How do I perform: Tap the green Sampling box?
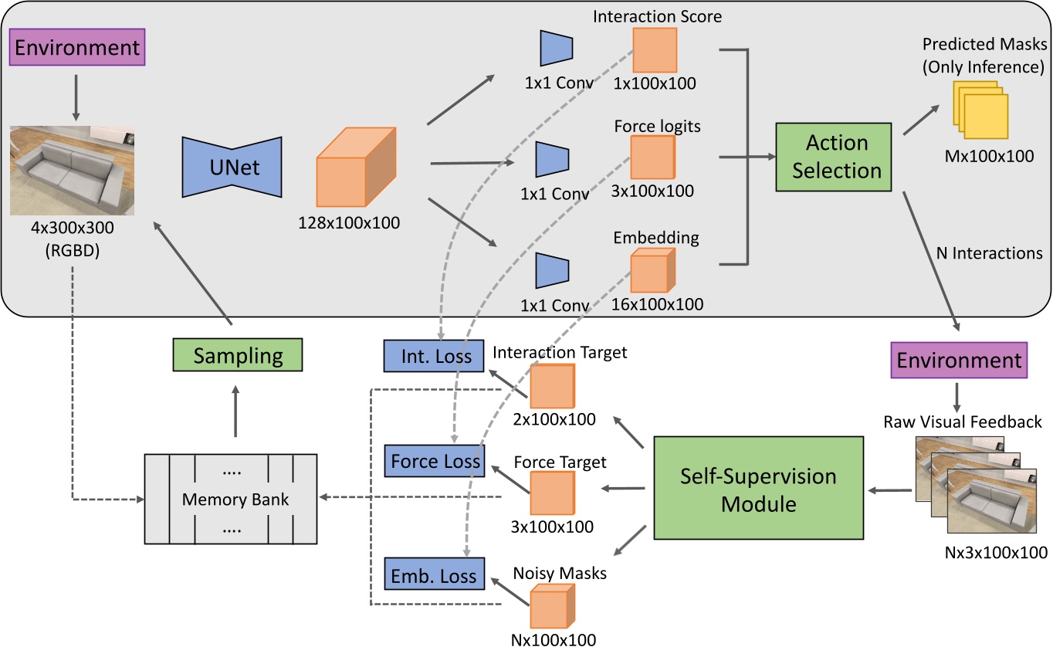[x=236, y=356]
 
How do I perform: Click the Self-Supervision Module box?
[x=757, y=488]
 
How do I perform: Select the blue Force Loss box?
[x=435, y=461]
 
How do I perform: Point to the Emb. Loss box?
[x=435, y=576]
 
